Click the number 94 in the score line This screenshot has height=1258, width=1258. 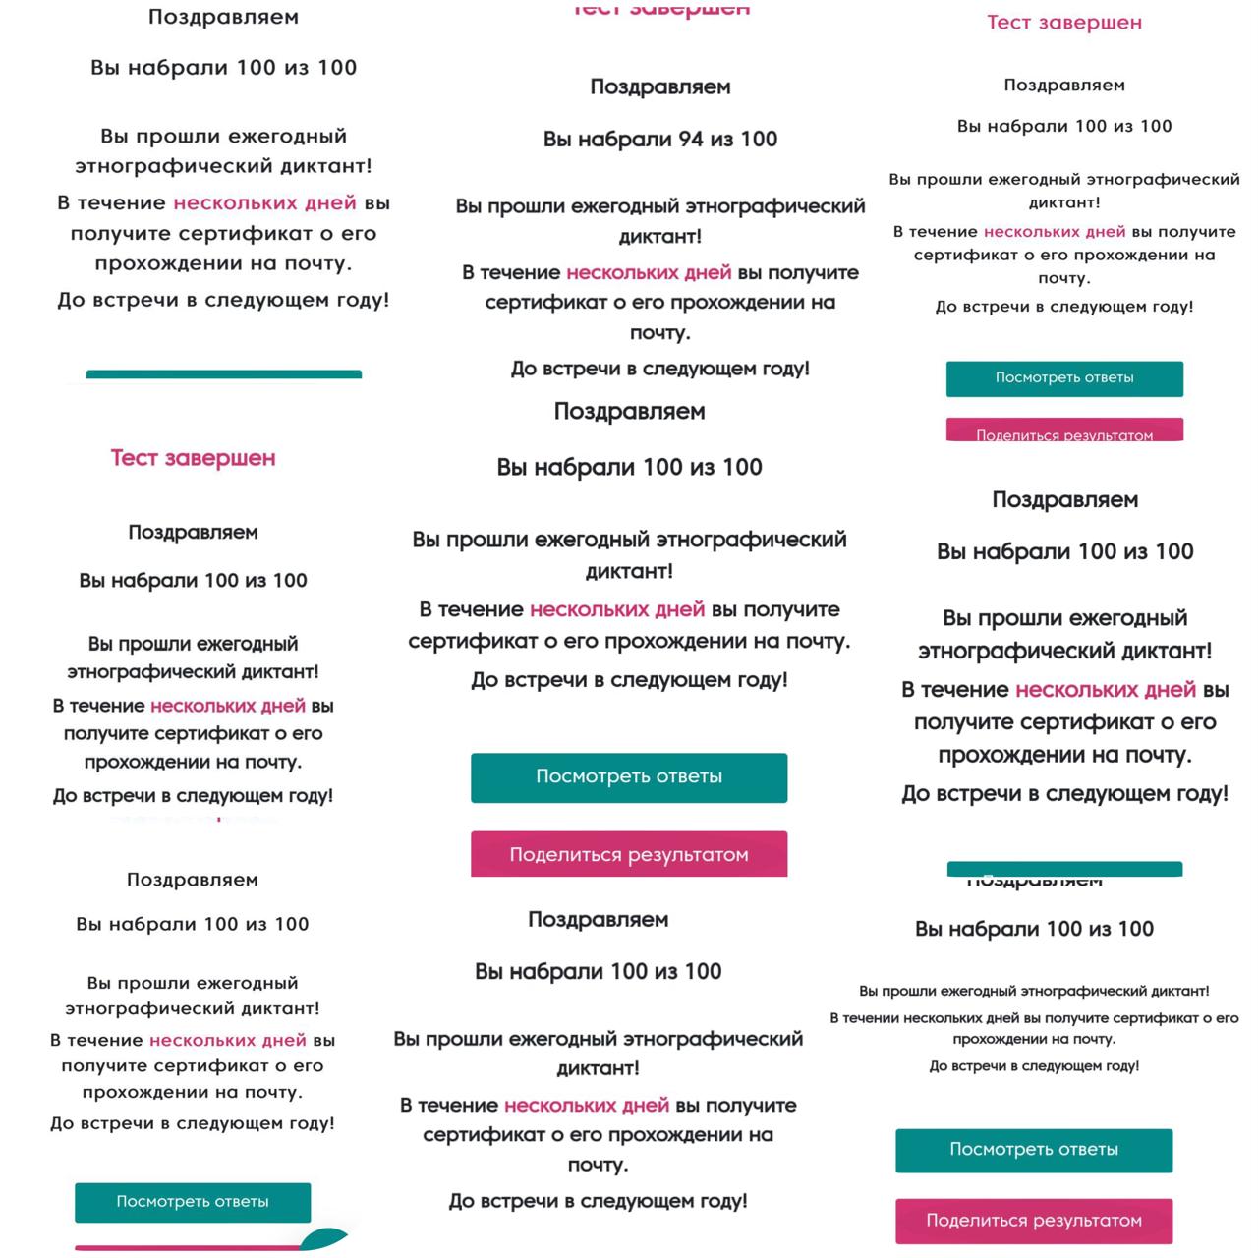point(691,140)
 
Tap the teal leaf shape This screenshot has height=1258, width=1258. point(324,1238)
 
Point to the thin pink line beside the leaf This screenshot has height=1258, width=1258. point(187,1248)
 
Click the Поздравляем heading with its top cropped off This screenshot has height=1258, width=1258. point(1034,882)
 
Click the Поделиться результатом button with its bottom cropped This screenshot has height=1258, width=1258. point(1064,432)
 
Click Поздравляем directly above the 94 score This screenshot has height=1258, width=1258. point(660,86)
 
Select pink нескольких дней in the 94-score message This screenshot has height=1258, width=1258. point(649,272)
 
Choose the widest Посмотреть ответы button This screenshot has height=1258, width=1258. point(629,777)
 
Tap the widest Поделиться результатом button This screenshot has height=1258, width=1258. point(629,855)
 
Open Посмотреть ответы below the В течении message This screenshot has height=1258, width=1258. point(1034,1150)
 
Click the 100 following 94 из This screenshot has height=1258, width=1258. point(759,140)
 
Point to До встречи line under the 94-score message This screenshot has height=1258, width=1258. point(660,369)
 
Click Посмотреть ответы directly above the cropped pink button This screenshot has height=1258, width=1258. point(1064,378)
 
